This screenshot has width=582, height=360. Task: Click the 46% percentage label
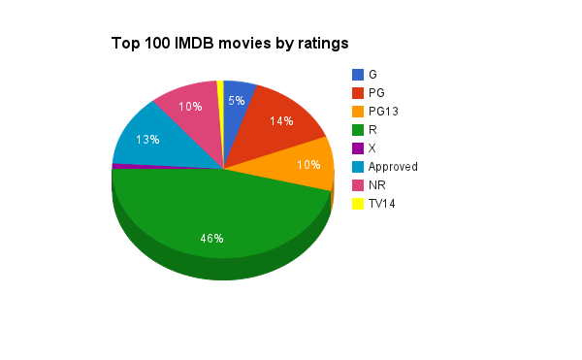click(212, 239)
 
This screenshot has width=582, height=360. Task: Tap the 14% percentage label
click(281, 122)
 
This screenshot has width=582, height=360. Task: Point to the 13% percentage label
click(147, 140)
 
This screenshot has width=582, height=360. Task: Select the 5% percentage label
click(237, 101)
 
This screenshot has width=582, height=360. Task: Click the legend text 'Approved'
click(393, 167)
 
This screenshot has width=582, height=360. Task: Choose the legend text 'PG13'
click(384, 112)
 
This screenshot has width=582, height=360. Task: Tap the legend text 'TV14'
click(382, 204)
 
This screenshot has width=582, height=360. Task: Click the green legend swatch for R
click(358, 130)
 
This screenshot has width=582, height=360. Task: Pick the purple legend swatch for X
click(358, 148)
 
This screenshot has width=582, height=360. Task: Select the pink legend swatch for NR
click(358, 185)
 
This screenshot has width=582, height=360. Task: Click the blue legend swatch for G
click(358, 75)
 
